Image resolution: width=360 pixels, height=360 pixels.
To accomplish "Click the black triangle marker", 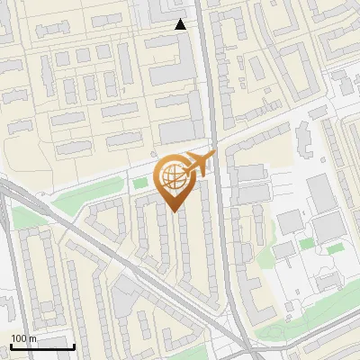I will point(181,24).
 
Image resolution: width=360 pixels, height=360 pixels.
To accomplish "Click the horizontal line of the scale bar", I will point(41,346).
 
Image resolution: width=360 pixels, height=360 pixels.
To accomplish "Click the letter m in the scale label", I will point(33,338).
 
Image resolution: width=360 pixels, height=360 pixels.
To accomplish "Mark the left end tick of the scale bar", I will point(10,345).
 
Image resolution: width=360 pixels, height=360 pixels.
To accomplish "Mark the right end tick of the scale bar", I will point(74,345).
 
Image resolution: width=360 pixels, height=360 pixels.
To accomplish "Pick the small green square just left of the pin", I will point(139,184).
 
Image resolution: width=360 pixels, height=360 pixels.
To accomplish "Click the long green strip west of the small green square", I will point(94,192).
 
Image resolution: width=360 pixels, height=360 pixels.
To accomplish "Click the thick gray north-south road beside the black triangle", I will point(206,54).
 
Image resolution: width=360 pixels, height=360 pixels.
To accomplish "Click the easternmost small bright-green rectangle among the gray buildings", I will point(334,247).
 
